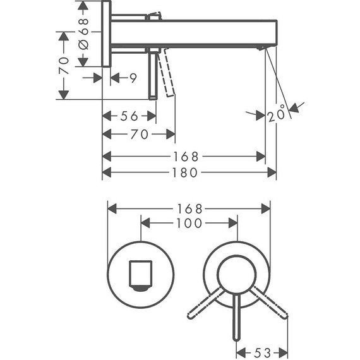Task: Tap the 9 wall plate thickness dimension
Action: (x=133, y=78)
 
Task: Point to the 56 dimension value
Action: (x=129, y=116)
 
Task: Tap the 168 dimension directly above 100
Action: (x=189, y=208)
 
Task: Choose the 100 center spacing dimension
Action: (x=189, y=223)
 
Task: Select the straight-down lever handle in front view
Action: (x=236, y=319)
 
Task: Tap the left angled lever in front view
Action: (x=205, y=303)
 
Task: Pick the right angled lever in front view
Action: (x=268, y=303)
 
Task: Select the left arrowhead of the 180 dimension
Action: (x=107, y=172)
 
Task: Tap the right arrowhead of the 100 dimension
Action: (x=232, y=223)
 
